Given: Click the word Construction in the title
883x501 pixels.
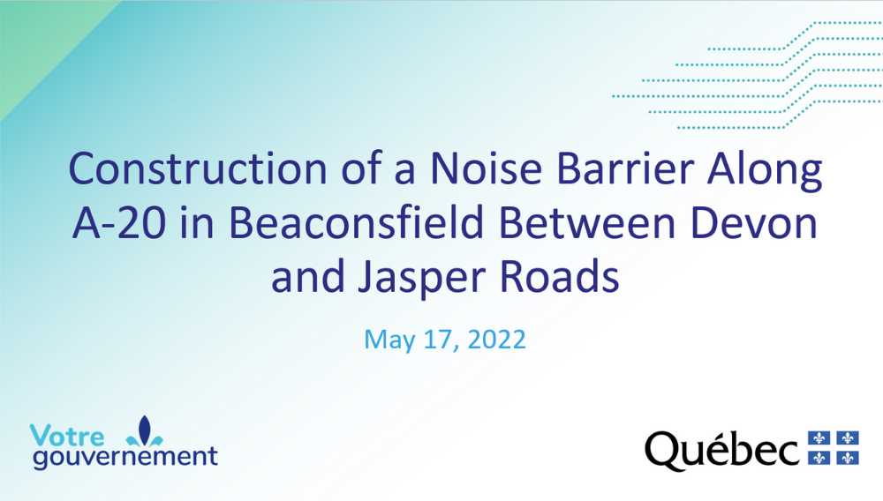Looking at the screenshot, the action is (198, 168).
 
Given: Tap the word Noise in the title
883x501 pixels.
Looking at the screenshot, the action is (486, 168).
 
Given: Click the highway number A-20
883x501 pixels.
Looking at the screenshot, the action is (119, 223).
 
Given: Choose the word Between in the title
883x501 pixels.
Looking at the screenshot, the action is (587, 223).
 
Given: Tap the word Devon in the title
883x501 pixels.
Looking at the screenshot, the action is (753, 223).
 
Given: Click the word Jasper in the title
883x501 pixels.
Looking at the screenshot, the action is (422, 280).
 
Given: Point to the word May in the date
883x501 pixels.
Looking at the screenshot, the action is (389, 340).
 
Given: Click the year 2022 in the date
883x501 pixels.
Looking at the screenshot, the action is (496, 339).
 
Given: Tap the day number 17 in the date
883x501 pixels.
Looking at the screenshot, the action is (441, 340).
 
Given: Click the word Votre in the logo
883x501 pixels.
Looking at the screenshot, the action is (67, 437).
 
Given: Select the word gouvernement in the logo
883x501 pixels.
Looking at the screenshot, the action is (125, 457).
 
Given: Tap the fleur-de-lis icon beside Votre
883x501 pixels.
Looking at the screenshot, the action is (145, 431).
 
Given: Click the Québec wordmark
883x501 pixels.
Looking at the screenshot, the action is (722, 451).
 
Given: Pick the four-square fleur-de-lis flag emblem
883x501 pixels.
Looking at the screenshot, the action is (834, 448).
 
